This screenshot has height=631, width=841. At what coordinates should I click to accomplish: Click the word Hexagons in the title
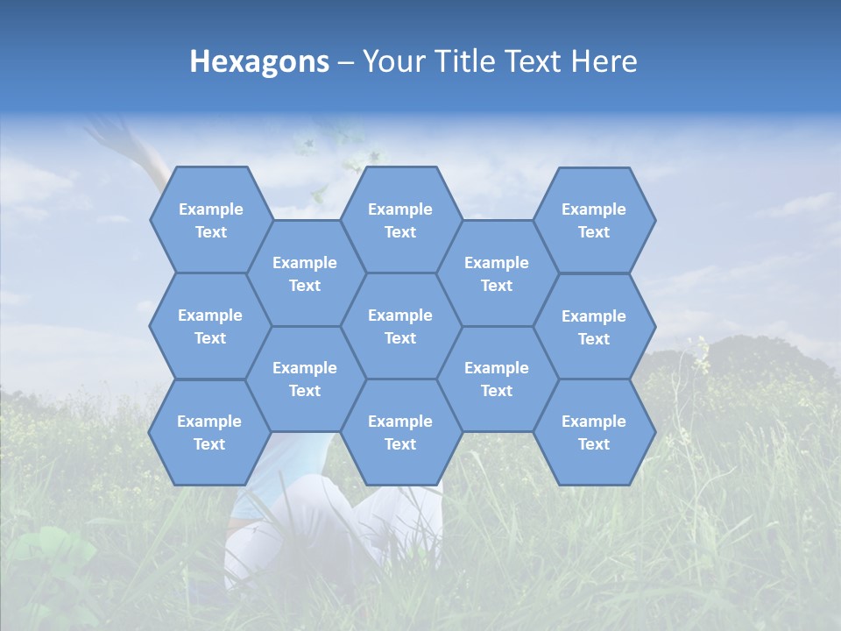coord(259,61)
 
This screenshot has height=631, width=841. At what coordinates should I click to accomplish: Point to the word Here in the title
coord(604,61)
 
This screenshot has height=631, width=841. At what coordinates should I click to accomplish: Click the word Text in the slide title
coord(536,61)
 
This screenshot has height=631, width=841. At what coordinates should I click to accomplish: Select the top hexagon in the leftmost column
coord(210,220)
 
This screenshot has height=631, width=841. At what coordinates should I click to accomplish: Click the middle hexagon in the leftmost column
coord(210,326)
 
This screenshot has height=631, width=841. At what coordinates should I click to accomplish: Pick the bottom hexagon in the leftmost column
coord(209,432)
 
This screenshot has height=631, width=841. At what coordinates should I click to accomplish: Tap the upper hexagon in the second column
coord(305,273)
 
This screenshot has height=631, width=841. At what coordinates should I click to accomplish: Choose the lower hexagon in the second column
coord(305,379)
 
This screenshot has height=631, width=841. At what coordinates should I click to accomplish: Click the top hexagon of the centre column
coord(400,220)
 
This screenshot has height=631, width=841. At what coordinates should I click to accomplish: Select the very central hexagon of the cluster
coord(400,326)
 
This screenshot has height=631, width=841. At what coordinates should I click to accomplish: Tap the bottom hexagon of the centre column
coord(400,432)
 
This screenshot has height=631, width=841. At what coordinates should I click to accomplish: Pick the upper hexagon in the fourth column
coord(497,273)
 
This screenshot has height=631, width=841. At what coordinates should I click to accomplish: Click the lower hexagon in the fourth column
coord(497,379)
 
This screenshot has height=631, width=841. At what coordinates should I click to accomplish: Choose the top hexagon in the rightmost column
coord(594,220)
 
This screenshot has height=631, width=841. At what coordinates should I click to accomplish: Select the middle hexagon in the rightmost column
coord(594,327)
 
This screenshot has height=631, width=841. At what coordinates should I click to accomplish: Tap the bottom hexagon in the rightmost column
coord(594,432)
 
